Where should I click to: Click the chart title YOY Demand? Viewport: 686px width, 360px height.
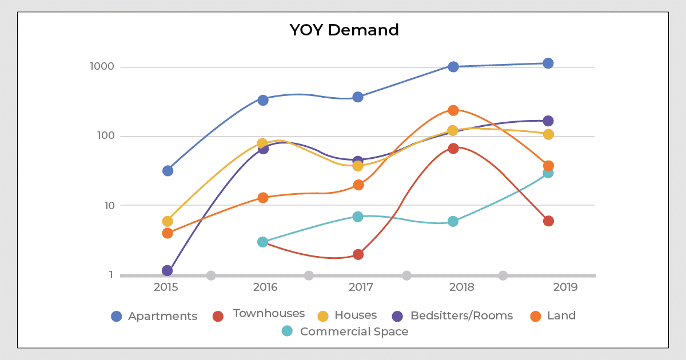[344, 30]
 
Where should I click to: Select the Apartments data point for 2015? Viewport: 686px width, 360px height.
[167, 171]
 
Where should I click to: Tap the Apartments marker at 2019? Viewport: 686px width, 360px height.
[548, 63]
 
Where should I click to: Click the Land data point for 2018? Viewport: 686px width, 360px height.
[453, 110]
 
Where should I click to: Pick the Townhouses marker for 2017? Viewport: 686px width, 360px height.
[358, 254]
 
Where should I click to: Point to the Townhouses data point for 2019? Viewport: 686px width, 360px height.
[548, 221]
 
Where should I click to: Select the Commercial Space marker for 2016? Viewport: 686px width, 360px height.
[262, 242]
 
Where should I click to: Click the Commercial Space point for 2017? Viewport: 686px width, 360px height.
[358, 217]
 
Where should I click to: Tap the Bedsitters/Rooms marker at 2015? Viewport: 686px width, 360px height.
[167, 270]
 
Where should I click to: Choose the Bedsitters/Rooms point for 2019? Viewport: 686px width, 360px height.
[548, 121]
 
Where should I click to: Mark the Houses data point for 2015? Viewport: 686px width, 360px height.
[167, 221]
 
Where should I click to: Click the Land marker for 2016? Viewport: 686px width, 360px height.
[262, 198]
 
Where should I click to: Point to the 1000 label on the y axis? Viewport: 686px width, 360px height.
[102, 67]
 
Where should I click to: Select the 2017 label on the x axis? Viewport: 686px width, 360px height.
[360, 287]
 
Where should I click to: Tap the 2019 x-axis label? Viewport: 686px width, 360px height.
[565, 287]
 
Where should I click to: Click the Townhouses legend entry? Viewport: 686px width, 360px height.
[268, 314]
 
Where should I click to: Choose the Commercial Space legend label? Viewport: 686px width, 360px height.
[354, 331]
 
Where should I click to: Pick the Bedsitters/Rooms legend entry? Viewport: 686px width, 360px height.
[461, 315]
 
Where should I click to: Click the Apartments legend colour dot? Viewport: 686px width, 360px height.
[117, 316]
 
